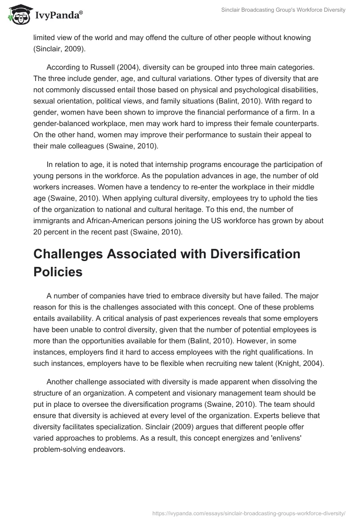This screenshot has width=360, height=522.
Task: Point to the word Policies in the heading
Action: click(58, 272)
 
